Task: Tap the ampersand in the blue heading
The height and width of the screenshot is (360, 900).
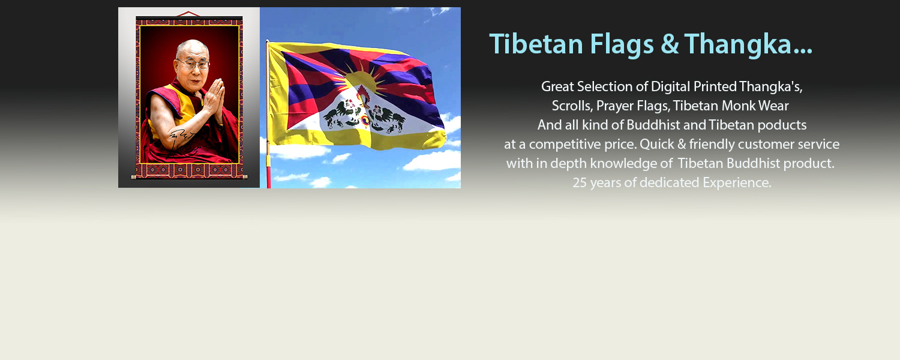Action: pos(670,44)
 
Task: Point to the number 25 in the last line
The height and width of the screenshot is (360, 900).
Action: pos(580,182)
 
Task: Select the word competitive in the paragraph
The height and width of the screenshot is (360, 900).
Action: pos(565,144)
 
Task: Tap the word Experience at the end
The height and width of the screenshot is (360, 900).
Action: pos(737,183)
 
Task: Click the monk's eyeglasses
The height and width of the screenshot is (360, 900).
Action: pos(194,64)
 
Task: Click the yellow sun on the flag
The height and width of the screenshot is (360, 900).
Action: pos(363,80)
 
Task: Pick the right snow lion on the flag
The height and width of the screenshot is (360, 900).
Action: pos(386,118)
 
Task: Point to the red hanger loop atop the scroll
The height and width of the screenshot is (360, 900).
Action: pos(188,14)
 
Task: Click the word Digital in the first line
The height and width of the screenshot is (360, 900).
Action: pos(671,87)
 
